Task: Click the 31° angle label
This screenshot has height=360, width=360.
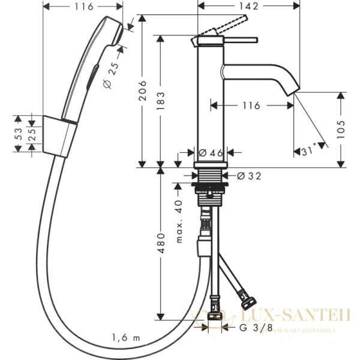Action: point(310,152)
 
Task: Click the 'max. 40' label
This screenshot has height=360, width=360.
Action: point(178,223)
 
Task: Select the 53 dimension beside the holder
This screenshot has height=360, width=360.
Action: point(19,130)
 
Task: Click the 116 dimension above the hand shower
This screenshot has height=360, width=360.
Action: point(85,7)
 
